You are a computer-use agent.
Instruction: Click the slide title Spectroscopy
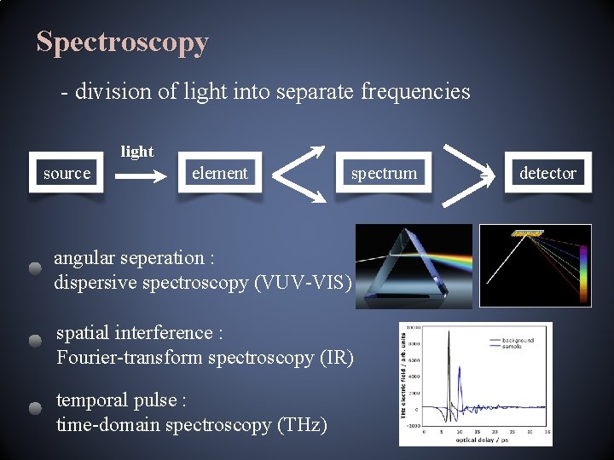(x=122, y=42)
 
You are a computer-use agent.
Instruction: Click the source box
(x=67, y=173)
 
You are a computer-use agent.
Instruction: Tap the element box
(x=219, y=173)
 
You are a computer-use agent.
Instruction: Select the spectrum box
(x=384, y=173)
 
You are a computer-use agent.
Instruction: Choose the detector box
(x=547, y=173)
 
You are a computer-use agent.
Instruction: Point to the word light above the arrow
(x=137, y=152)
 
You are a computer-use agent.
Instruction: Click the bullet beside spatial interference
(x=34, y=342)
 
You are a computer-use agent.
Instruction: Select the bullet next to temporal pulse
(x=34, y=408)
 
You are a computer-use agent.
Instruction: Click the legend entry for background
(x=518, y=340)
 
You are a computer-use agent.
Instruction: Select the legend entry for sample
(x=513, y=347)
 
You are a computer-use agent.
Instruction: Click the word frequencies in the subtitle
(x=415, y=91)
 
